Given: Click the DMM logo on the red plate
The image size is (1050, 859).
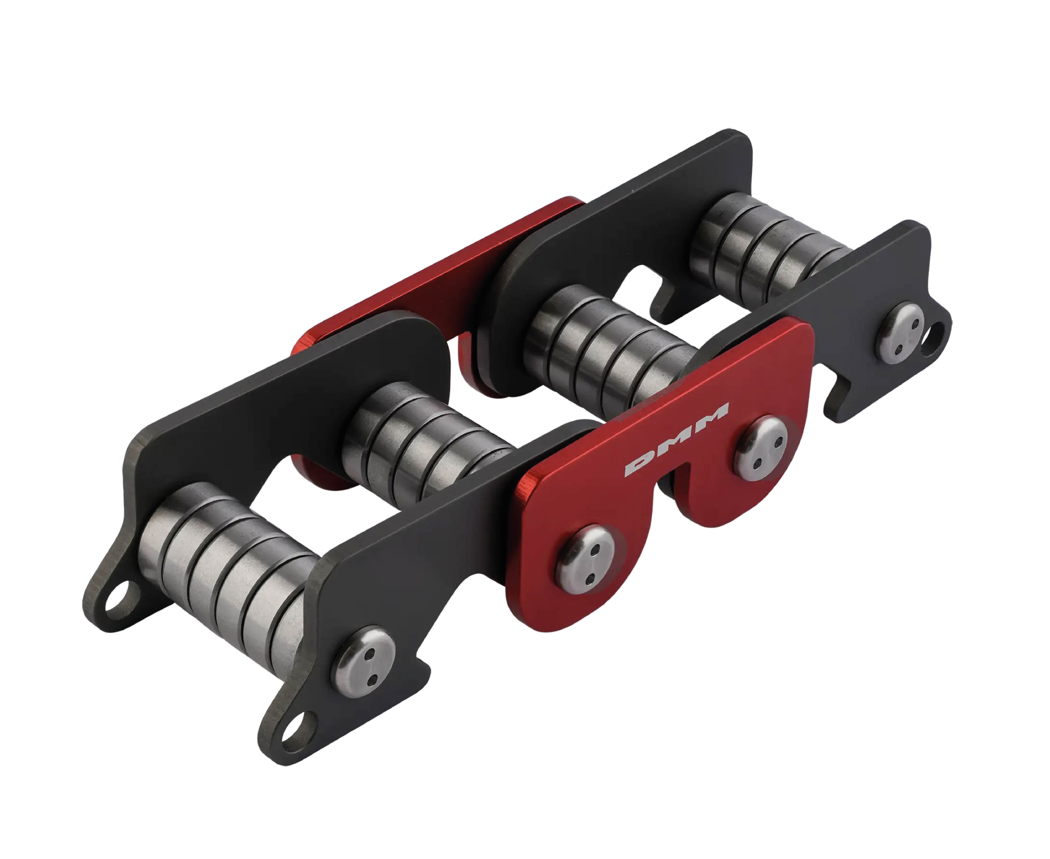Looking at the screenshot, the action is click(676, 440).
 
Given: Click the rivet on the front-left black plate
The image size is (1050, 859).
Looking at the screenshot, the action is click(363, 664).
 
